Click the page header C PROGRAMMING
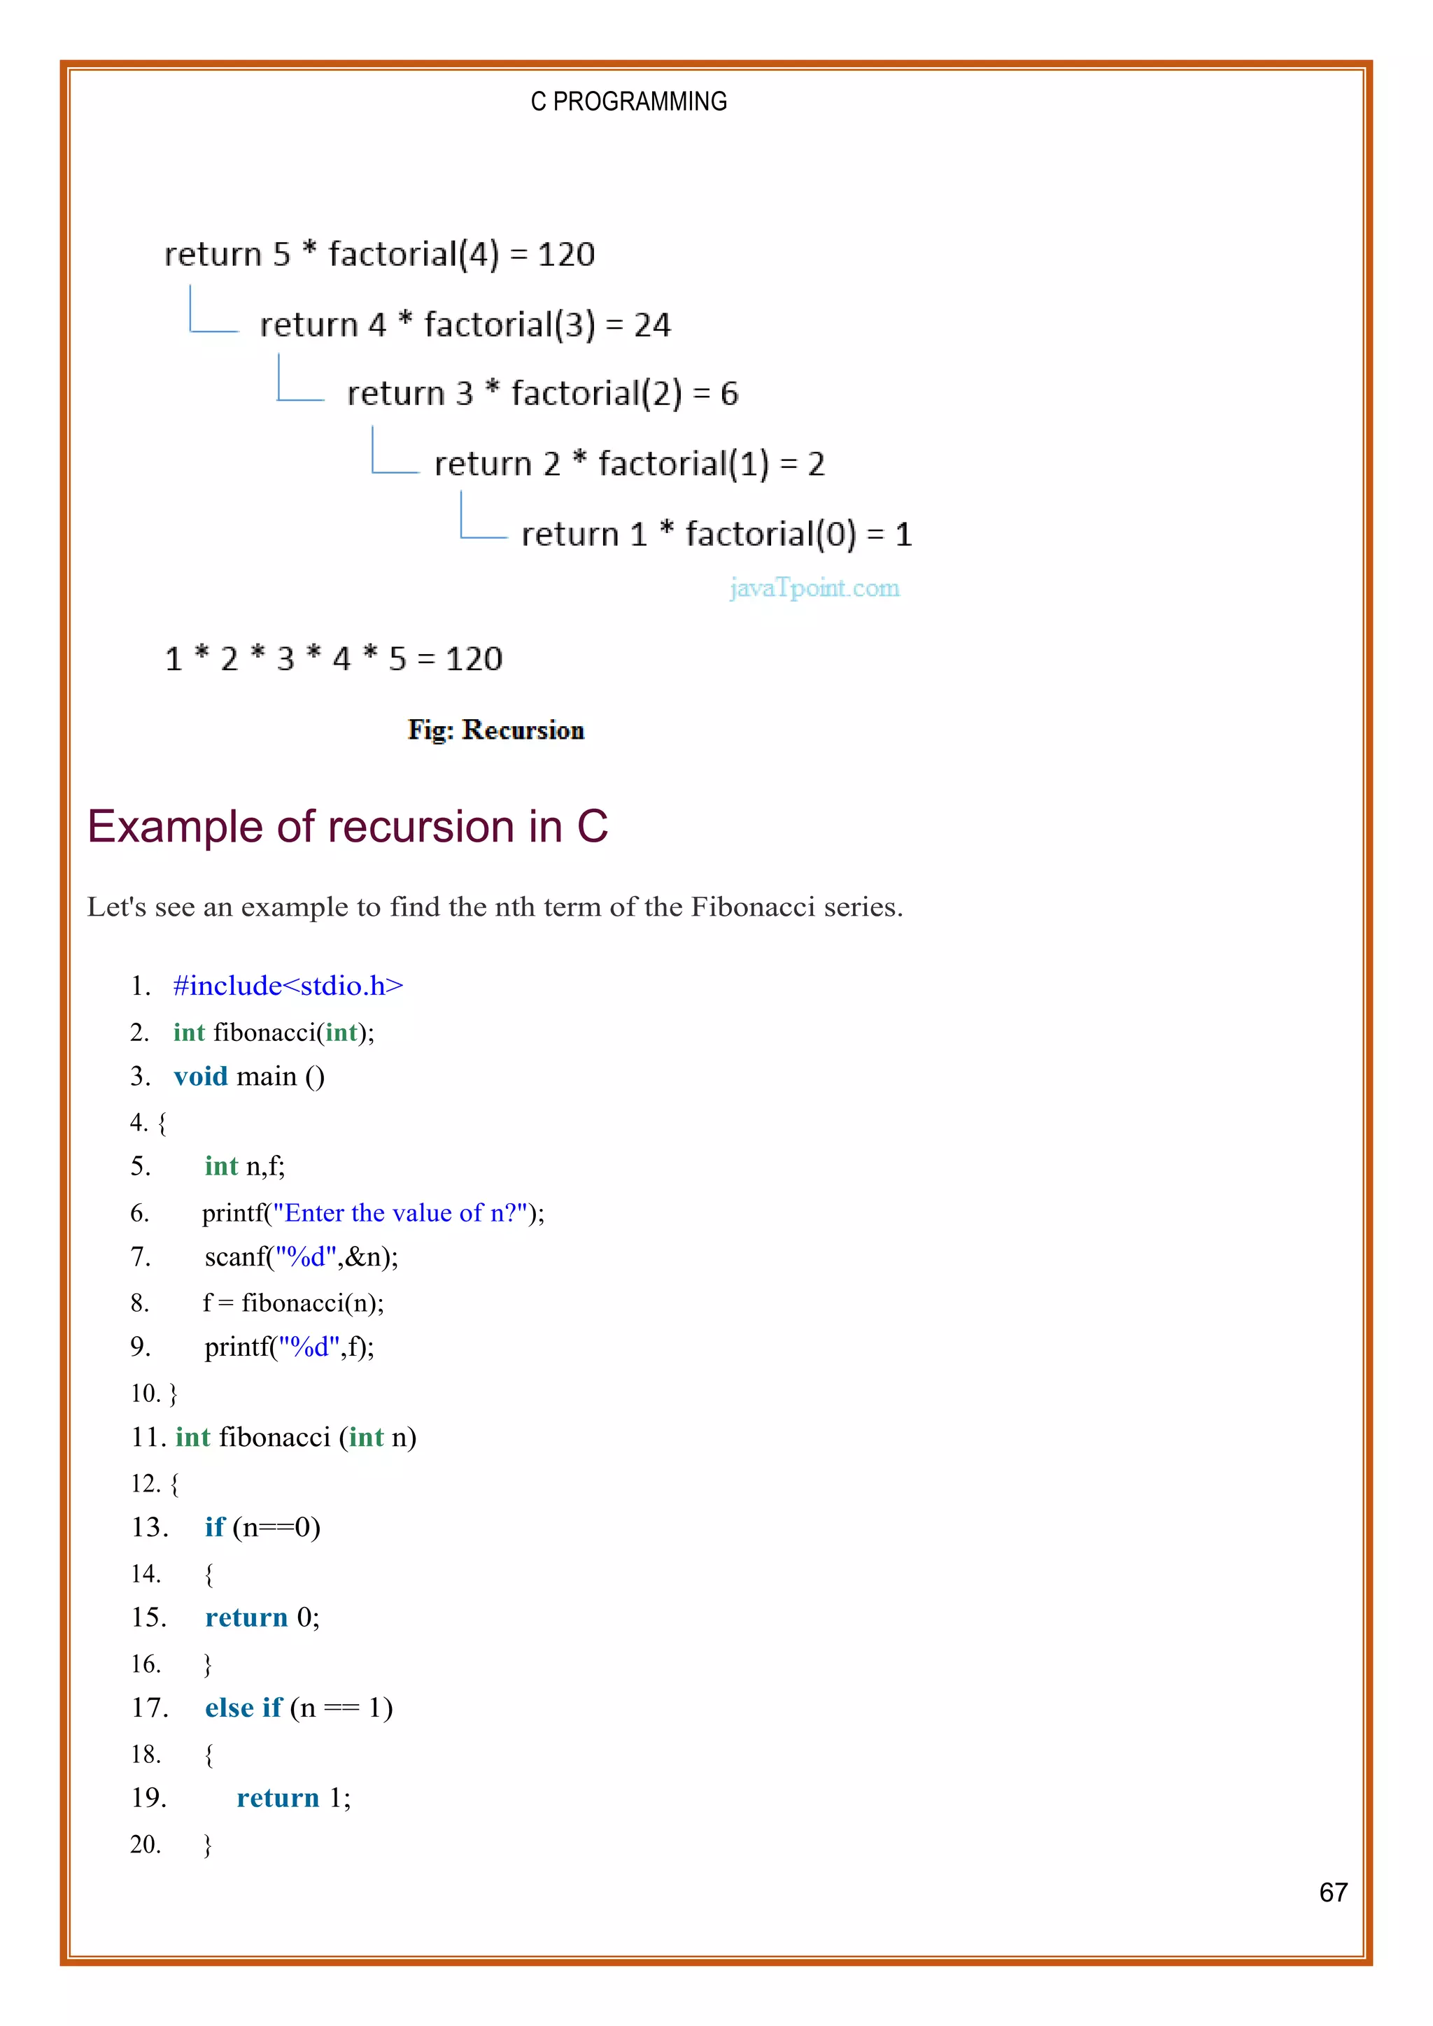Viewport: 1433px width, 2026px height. coord(628,101)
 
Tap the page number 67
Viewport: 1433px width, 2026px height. coord(1332,1892)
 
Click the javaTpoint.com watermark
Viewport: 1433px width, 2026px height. coord(814,588)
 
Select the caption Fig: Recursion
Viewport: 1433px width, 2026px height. coord(496,730)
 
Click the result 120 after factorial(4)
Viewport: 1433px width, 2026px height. coord(567,254)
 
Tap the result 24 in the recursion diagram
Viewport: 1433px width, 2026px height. coord(652,325)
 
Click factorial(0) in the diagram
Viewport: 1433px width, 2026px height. coord(770,534)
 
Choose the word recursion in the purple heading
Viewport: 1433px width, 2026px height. coord(421,827)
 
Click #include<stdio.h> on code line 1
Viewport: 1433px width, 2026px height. coord(288,986)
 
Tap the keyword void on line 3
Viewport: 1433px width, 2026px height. coord(200,1077)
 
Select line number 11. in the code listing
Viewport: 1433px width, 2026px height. coord(148,1438)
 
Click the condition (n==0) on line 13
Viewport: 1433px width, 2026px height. coord(276,1527)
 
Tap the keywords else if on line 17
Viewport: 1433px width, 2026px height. coord(243,1708)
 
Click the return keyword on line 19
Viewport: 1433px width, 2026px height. coord(278,1799)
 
